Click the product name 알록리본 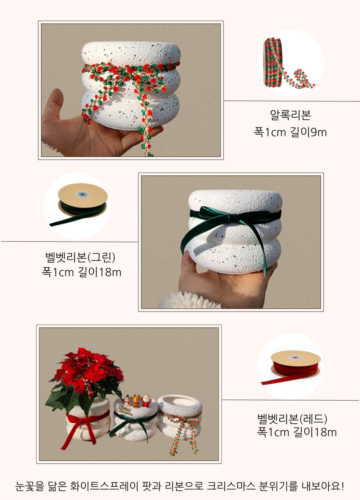click(x=290, y=115)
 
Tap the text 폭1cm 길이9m click(x=290, y=132)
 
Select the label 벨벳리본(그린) click(x=80, y=257)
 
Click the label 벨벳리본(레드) click(x=292, y=419)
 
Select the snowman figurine click(x=127, y=401)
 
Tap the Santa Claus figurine click(x=147, y=401)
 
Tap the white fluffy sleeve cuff click(x=190, y=300)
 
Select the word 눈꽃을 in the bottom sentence click(x=30, y=486)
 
